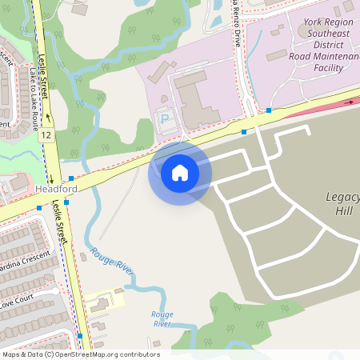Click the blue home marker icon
click(x=180, y=173)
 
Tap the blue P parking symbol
click(x=166, y=119)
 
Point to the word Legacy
click(x=343, y=198)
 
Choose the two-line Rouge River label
click(x=162, y=318)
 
